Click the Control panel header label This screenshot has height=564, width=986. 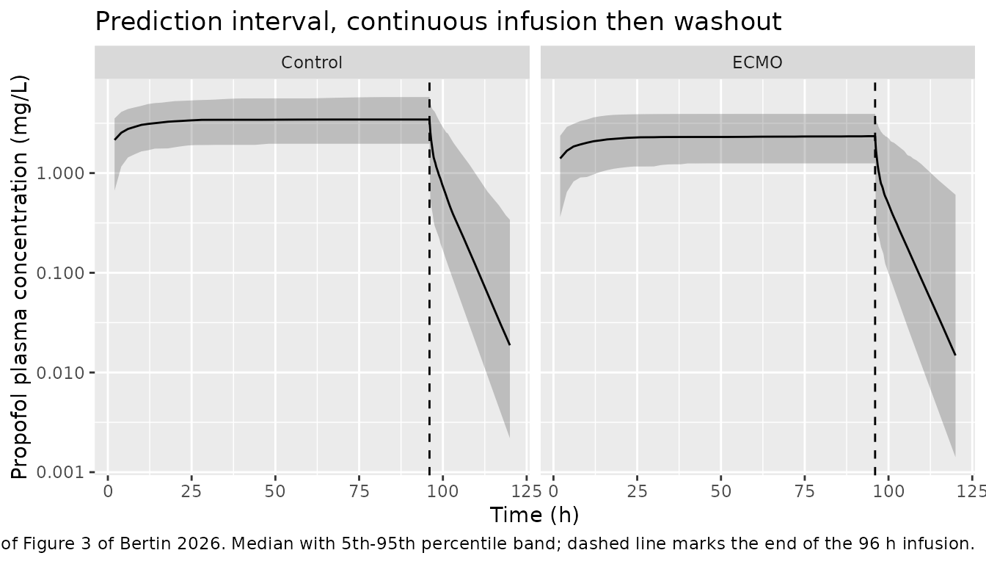point(312,62)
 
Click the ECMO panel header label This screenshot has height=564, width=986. point(757,62)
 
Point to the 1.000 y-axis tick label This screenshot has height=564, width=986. point(60,173)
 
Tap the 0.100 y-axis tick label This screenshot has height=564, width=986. point(60,273)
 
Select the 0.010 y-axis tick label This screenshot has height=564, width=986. point(60,373)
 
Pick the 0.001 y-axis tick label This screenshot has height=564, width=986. point(60,472)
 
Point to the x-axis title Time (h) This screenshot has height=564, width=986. point(534,515)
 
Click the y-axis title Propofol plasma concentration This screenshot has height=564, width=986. point(19,278)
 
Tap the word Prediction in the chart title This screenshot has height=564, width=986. point(159,21)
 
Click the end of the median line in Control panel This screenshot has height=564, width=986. point(510,345)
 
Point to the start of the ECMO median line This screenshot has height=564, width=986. point(560,158)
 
